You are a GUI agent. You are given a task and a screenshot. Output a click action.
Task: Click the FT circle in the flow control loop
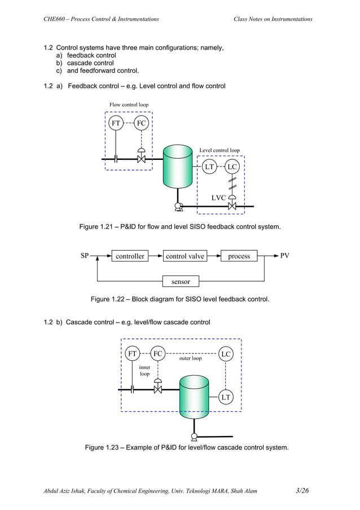pyautogui.click(x=116, y=123)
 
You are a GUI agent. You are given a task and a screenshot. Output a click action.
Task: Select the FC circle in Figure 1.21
pyautogui.click(x=141, y=123)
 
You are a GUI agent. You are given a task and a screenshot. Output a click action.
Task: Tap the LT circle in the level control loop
pyautogui.click(x=209, y=167)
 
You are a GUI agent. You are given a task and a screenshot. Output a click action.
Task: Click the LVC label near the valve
pyautogui.click(x=219, y=198)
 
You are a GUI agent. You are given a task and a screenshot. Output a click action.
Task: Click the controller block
pyautogui.click(x=130, y=256)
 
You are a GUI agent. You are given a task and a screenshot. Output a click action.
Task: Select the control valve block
pyautogui.click(x=185, y=256)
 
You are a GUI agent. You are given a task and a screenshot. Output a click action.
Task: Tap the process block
pyautogui.click(x=239, y=256)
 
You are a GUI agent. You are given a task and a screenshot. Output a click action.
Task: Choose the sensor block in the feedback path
pyautogui.click(x=181, y=281)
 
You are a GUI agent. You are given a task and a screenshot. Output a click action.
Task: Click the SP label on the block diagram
pyautogui.click(x=85, y=256)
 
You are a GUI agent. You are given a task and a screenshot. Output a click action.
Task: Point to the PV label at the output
pyautogui.click(x=285, y=256)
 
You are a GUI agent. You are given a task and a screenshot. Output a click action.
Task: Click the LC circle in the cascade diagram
pyautogui.click(x=226, y=354)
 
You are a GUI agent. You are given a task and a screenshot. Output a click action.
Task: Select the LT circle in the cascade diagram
pyautogui.click(x=226, y=398)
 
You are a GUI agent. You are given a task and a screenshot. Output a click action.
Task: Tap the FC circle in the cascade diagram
pyautogui.click(x=158, y=354)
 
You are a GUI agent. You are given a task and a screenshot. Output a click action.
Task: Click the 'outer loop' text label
pyautogui.click(x=190, y=359)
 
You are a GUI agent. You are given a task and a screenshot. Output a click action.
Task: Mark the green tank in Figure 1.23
pyautogui.click(x=194, y=402)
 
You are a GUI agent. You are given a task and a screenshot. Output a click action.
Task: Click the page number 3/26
pyautogui.click(x=303, y=490)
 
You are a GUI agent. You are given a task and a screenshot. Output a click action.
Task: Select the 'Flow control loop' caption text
pyautogui.click(x=129, y=105)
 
